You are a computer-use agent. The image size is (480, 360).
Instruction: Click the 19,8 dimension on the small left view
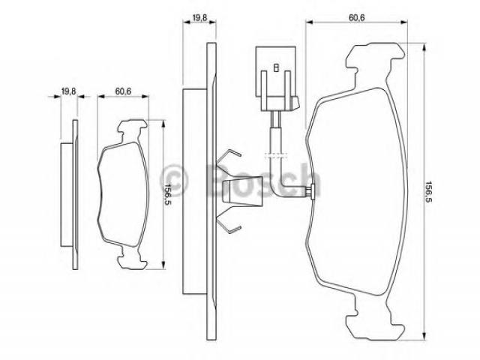coord(68,91)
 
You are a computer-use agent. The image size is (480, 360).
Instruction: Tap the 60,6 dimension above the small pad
coord(123,91)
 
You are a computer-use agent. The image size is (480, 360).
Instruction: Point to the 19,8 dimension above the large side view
coord(199,17)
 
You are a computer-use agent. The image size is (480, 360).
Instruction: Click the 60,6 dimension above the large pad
coord(357,17)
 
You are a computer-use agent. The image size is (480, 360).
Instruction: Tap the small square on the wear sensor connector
coord(276,67)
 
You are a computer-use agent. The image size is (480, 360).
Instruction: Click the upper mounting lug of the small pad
coord(132,128)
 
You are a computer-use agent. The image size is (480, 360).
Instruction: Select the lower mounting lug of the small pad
coord(132,258)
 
